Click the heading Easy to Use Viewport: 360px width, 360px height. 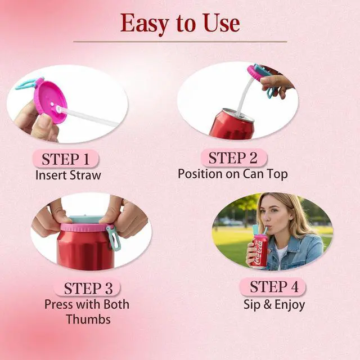pos(180,24)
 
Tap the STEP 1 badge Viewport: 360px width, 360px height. pos(65,159)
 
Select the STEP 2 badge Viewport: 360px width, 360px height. pos(233,157)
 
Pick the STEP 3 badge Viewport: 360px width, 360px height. pos(87,288)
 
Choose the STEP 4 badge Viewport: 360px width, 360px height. pos(273,286)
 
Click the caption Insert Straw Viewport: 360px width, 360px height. pos(68,175)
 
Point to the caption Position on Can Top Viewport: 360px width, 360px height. pos(233,174)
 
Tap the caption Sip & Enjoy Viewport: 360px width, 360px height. pos(274,305)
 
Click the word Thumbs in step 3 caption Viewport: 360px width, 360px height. pos(88,319)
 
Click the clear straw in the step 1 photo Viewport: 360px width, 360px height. pos(87,116)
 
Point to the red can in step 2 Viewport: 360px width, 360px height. pos(232,125)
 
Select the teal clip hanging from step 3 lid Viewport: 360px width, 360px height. pos(114,238)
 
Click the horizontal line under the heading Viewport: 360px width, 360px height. pos(180,42)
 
